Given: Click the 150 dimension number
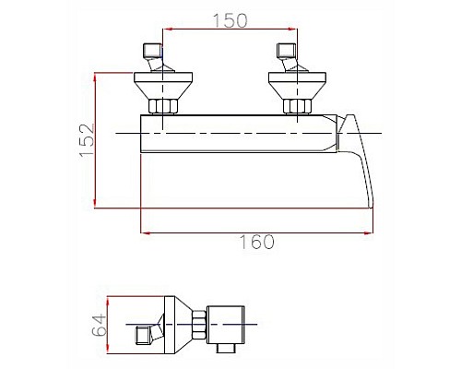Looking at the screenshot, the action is (230, 20).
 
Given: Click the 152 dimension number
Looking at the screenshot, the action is (87, 140).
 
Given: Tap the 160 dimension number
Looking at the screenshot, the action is (256, 242).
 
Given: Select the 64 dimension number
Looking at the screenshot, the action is (100, 326).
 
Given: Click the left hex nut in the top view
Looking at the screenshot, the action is (162, 106).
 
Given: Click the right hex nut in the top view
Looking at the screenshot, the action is (297, 106).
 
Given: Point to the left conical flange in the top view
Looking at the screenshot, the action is (163, 86).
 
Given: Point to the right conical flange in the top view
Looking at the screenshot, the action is (297, 86).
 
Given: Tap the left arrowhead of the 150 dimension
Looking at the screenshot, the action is (167, 29).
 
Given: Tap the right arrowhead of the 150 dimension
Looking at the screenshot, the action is (293, 29).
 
